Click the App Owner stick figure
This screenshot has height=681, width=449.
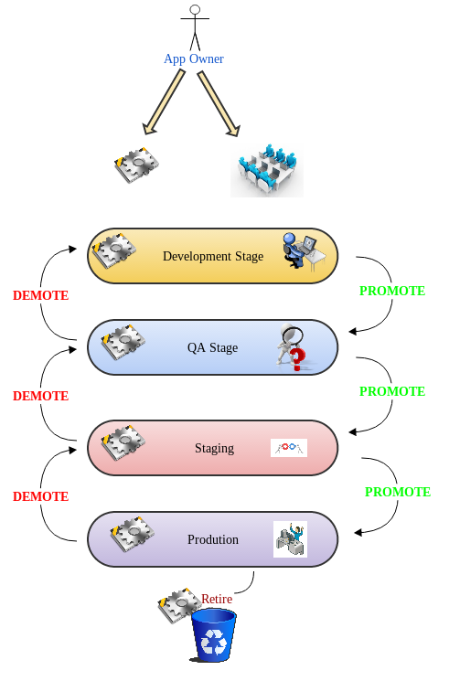click(193, 27)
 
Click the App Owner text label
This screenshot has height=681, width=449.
click(194, 59)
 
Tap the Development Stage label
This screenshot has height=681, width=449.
click(213, 256)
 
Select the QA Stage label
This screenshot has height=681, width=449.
click(213, 347)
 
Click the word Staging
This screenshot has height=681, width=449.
click(215, 448)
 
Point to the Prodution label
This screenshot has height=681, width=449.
click(213, 539)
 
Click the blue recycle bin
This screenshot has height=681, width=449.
click(213, 634)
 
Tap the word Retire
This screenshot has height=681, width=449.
click(217, 599)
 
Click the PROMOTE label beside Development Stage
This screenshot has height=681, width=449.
click(392, 292)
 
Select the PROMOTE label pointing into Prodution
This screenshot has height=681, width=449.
click(398, 492)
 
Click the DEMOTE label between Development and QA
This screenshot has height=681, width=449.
click(41, 296)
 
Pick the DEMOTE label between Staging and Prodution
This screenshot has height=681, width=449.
click(41, 497)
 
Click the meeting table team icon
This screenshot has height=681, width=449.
click(266, 169)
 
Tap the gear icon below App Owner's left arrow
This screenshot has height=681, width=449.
click(137, 165)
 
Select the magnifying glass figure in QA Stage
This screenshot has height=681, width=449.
click(292, 348)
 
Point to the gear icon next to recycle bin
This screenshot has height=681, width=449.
click(177, 606)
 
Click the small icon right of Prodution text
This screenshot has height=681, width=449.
click(290, 539)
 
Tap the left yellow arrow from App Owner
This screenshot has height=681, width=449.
click(162, 103)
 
